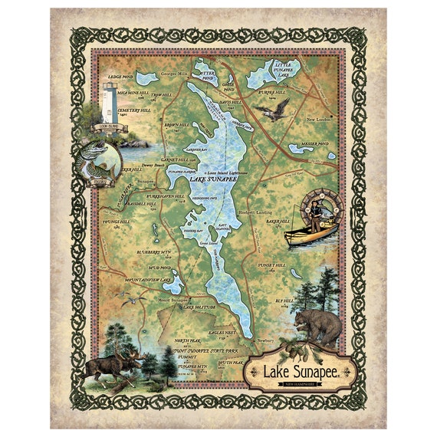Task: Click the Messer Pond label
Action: (x=317, y=143)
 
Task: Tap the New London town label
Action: (x=320, y=120)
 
